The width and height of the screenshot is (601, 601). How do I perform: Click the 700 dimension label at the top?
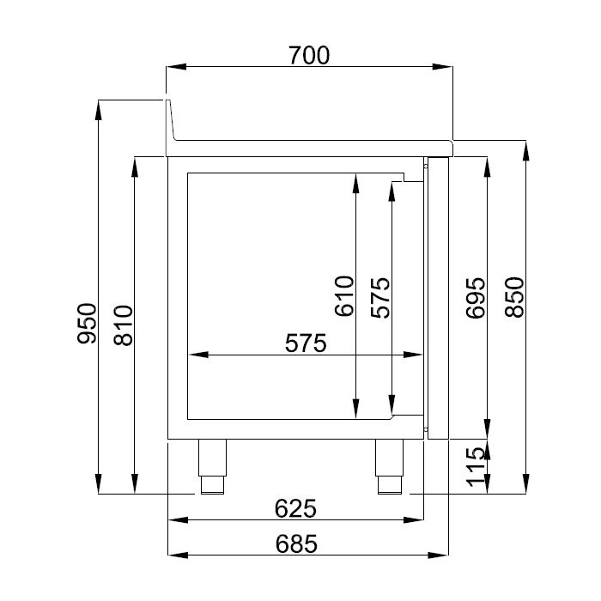(309, 56)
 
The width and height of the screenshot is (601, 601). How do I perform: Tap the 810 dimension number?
(123, 325)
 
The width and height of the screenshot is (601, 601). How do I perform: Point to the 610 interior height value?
(344, 296)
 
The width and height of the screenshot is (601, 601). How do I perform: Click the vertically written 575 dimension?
(380, 297)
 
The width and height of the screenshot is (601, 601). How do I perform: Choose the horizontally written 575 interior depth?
(307, 343)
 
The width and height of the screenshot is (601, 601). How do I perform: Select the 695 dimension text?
(477, 297)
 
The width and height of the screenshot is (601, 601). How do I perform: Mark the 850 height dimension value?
(513, 297)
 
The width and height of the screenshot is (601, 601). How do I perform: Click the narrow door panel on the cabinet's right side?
(438, 296)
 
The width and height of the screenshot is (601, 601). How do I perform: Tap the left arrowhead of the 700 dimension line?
(173, 67)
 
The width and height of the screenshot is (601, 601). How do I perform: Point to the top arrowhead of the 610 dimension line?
(355, 180)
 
